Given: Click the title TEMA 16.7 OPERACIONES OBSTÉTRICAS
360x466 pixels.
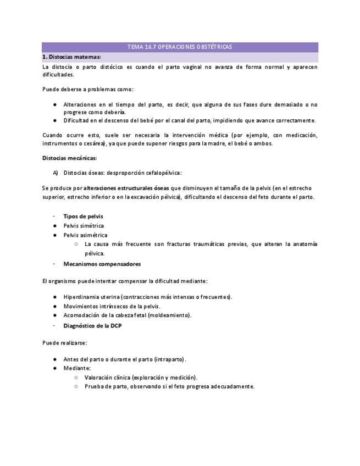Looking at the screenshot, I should coord(180,47).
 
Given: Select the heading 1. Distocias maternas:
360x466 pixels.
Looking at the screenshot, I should coord(71,57).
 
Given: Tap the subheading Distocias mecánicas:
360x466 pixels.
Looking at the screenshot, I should coord(69,158).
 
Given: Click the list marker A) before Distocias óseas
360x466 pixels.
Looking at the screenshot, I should coord(56,173).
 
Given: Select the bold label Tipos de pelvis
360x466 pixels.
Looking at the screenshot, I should coord(83,216).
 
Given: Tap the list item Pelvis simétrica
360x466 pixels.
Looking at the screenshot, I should coord(84,225).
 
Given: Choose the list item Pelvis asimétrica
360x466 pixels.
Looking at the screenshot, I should coord(85,235).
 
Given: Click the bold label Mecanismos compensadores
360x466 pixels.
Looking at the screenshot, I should coord(102,264).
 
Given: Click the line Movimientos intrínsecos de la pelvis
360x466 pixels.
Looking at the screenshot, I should coord(112,306).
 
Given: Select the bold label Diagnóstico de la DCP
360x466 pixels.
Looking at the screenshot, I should coord(92,325).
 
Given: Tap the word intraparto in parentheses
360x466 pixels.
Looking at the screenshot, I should coord(170,359).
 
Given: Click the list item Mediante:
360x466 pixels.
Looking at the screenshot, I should coord(77,368).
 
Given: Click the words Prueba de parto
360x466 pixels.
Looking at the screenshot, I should coord(104,386).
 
